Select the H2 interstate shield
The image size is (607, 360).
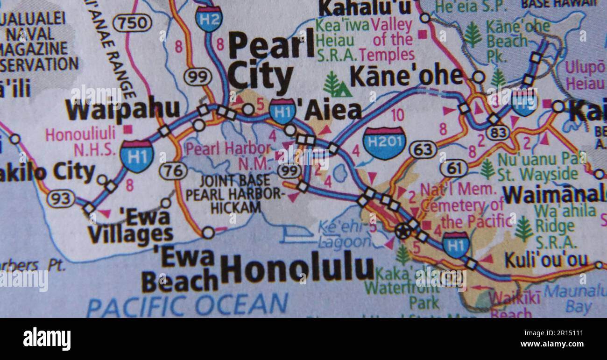tap(209, 19)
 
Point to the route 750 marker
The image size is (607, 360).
tap(133, 22)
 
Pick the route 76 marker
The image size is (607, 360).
tap(173, 170)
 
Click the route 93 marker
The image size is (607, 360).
tap(61, 199)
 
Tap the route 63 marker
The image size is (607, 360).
tap(423, 150)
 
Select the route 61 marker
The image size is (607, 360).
tap(453, 168)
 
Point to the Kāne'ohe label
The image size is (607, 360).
tap(406, 77)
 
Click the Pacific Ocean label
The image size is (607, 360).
tap(187, 305)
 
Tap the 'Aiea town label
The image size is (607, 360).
tap(329, 111)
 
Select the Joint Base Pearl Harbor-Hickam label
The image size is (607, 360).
tap(234, 194)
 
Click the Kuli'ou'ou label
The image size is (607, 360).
tap(545, 261)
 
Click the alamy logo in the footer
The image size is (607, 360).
tap(47, 339)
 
